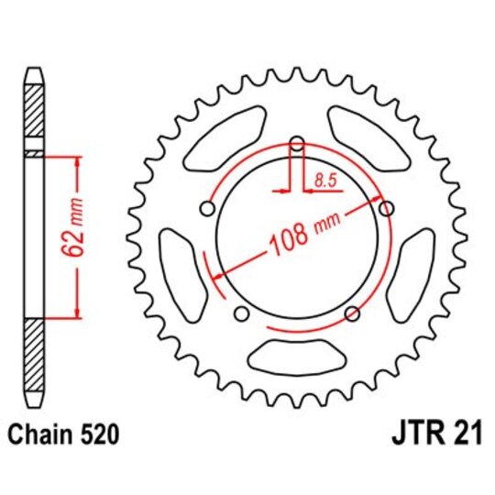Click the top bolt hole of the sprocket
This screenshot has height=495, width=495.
point(296,144)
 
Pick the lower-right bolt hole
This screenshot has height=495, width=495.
point(352,314)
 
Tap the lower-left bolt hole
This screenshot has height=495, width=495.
point(241,314)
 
